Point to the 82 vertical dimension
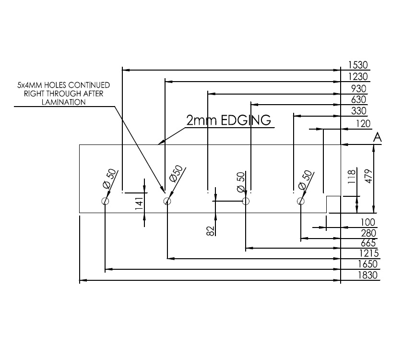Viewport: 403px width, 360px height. click(210, 231)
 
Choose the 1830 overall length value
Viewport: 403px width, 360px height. click(368, 276)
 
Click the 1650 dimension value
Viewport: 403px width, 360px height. click(368, 264)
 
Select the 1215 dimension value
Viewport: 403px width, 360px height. click(368, 253)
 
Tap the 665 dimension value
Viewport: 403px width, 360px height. click(368, 243)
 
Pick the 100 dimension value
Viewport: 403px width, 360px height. click(368, 223)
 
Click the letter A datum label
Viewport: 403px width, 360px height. click(377, 138)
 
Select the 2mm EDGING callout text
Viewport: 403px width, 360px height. click(229, 120)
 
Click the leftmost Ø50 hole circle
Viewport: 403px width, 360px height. click(105, 201)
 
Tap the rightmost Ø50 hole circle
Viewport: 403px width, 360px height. click(301, 201)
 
